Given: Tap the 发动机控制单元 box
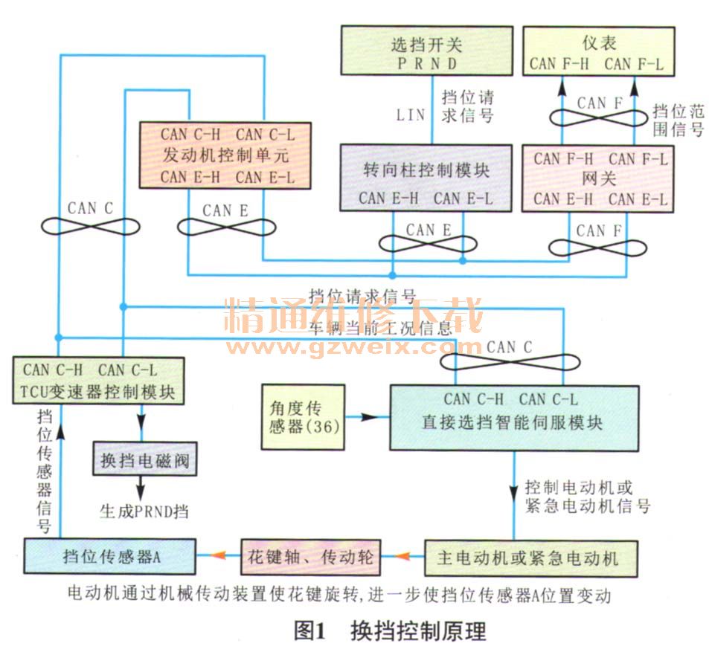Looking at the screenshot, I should click(x=228, y=155).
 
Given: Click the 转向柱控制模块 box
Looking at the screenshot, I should click(x=426, y=178).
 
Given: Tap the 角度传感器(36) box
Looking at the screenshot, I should click(x=301, y=417).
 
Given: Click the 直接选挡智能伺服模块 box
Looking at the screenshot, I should click(x=513, y=416).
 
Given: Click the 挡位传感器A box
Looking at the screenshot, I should click(x=109, y=557).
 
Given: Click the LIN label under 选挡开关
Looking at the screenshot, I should click(x=411, y=114).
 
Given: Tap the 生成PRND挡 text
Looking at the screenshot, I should click(x=144, y=511).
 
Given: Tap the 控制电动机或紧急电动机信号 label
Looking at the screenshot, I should click(x=588, y=497).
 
